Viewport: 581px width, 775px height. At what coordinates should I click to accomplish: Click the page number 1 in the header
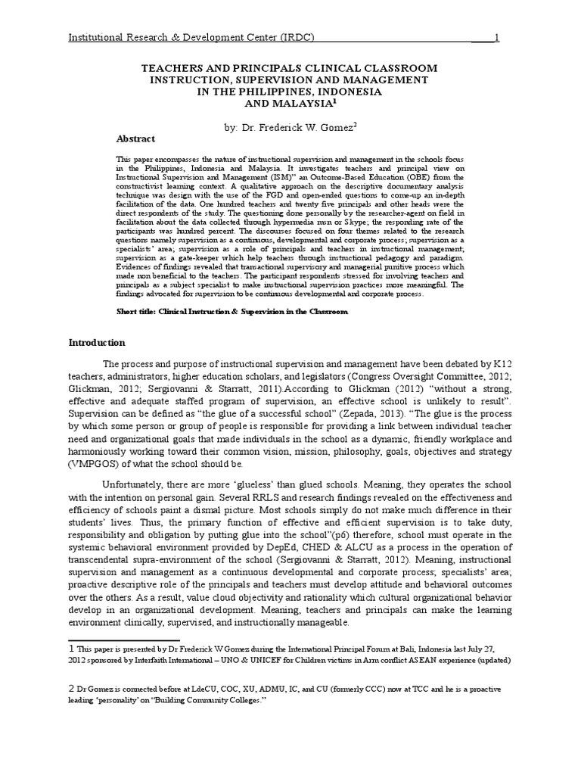tap(495, 38)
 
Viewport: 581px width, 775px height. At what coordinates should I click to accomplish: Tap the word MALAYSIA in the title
tap(290, 104)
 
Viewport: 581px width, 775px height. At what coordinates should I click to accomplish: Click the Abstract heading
tap(136, 139)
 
